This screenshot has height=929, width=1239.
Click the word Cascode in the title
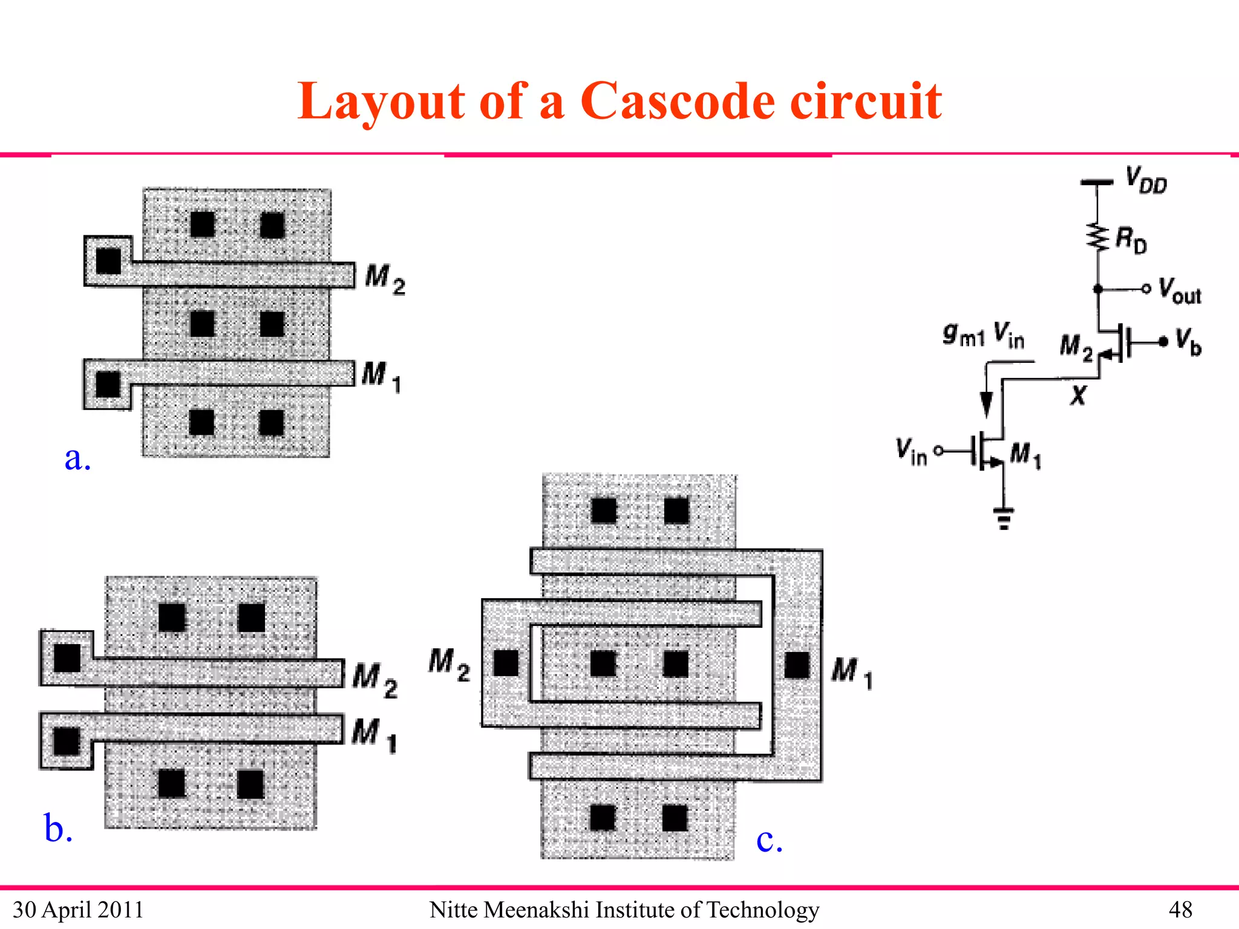677,101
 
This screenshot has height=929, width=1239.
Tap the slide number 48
1180,910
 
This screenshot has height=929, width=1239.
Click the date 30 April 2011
78,910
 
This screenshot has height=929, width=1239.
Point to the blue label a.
77,458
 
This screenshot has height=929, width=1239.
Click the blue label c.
769,839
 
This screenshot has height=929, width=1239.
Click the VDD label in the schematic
1145,180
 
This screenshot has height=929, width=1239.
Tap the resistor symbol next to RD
1097,236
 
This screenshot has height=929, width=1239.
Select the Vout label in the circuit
1179,290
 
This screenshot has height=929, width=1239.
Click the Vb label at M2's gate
1188,342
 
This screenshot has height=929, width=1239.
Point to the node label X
1078,396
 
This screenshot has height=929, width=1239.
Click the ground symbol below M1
1004,518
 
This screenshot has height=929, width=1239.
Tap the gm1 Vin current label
983,334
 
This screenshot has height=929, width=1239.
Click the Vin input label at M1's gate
911,451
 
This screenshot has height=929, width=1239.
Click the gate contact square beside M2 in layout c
506,663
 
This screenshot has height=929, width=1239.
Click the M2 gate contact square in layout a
109,261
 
